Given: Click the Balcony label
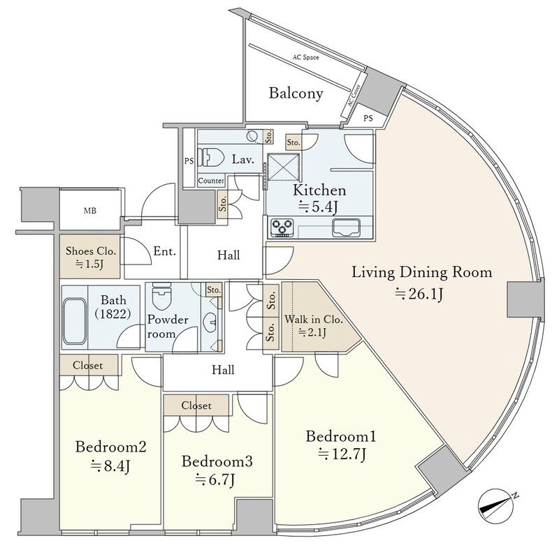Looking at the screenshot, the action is (x=296, y=94).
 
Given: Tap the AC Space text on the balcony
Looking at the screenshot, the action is (x=305, y=57).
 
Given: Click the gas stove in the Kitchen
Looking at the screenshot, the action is (x=282, y=228).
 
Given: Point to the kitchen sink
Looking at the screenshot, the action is (x=346, y=228).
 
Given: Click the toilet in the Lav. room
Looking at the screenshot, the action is (x=210, y=157).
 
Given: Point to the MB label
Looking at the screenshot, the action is (x=90, y=211).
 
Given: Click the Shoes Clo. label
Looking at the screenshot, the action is (x=91, y=251).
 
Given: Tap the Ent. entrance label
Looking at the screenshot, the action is (x=165, y=251).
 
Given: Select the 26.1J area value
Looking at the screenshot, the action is (x=419, y=295).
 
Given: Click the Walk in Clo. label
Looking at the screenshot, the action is (x=313, y=319).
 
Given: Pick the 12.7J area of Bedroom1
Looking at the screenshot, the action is (x=342, y=454).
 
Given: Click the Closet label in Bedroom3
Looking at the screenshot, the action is (x=196, y=406).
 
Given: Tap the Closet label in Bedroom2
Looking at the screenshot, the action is (x=88, y=366).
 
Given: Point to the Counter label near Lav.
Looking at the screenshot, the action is (x=211, y=181).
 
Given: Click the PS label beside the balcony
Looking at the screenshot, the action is (x=368, y=117).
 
